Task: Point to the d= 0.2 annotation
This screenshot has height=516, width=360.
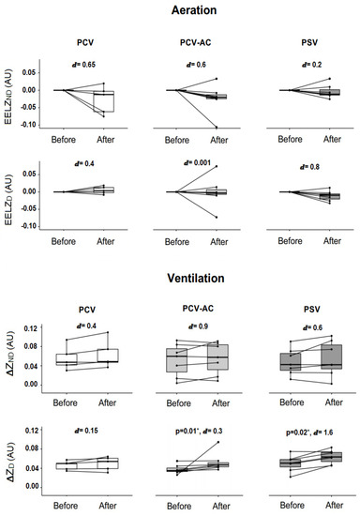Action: pyautogui.click(x=307, y=63)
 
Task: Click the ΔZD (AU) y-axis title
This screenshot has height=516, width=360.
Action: pyautogui.click(x=10, y=458)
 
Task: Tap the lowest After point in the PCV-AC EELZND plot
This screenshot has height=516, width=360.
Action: pyautogui.click(x=217, y=127)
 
